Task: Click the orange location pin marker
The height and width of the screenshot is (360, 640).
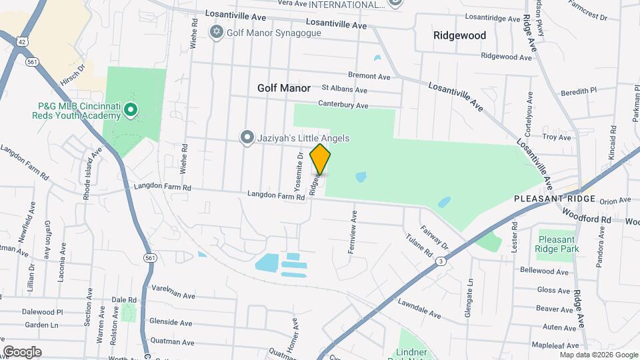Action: coord(321,159)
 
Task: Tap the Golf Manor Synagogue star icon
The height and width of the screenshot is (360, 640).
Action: coord(216,32)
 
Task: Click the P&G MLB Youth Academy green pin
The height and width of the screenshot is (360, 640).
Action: coord(131,109)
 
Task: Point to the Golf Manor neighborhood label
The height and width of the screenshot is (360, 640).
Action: coord(284,88)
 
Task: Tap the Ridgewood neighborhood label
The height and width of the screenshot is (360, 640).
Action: coord(459,35)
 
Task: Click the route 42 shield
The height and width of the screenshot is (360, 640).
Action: coord(22,41)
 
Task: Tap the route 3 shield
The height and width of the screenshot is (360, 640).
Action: coord(441,261)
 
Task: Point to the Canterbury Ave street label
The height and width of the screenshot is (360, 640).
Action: coord(343,105)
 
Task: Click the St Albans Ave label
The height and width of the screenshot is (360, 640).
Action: coord(344,89)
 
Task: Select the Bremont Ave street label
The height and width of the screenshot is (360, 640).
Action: coord(368,77)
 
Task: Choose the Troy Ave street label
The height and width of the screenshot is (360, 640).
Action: coord(557,137)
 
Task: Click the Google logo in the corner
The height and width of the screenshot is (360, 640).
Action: coord(23,351)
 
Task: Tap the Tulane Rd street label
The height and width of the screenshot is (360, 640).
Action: coord(419,245)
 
